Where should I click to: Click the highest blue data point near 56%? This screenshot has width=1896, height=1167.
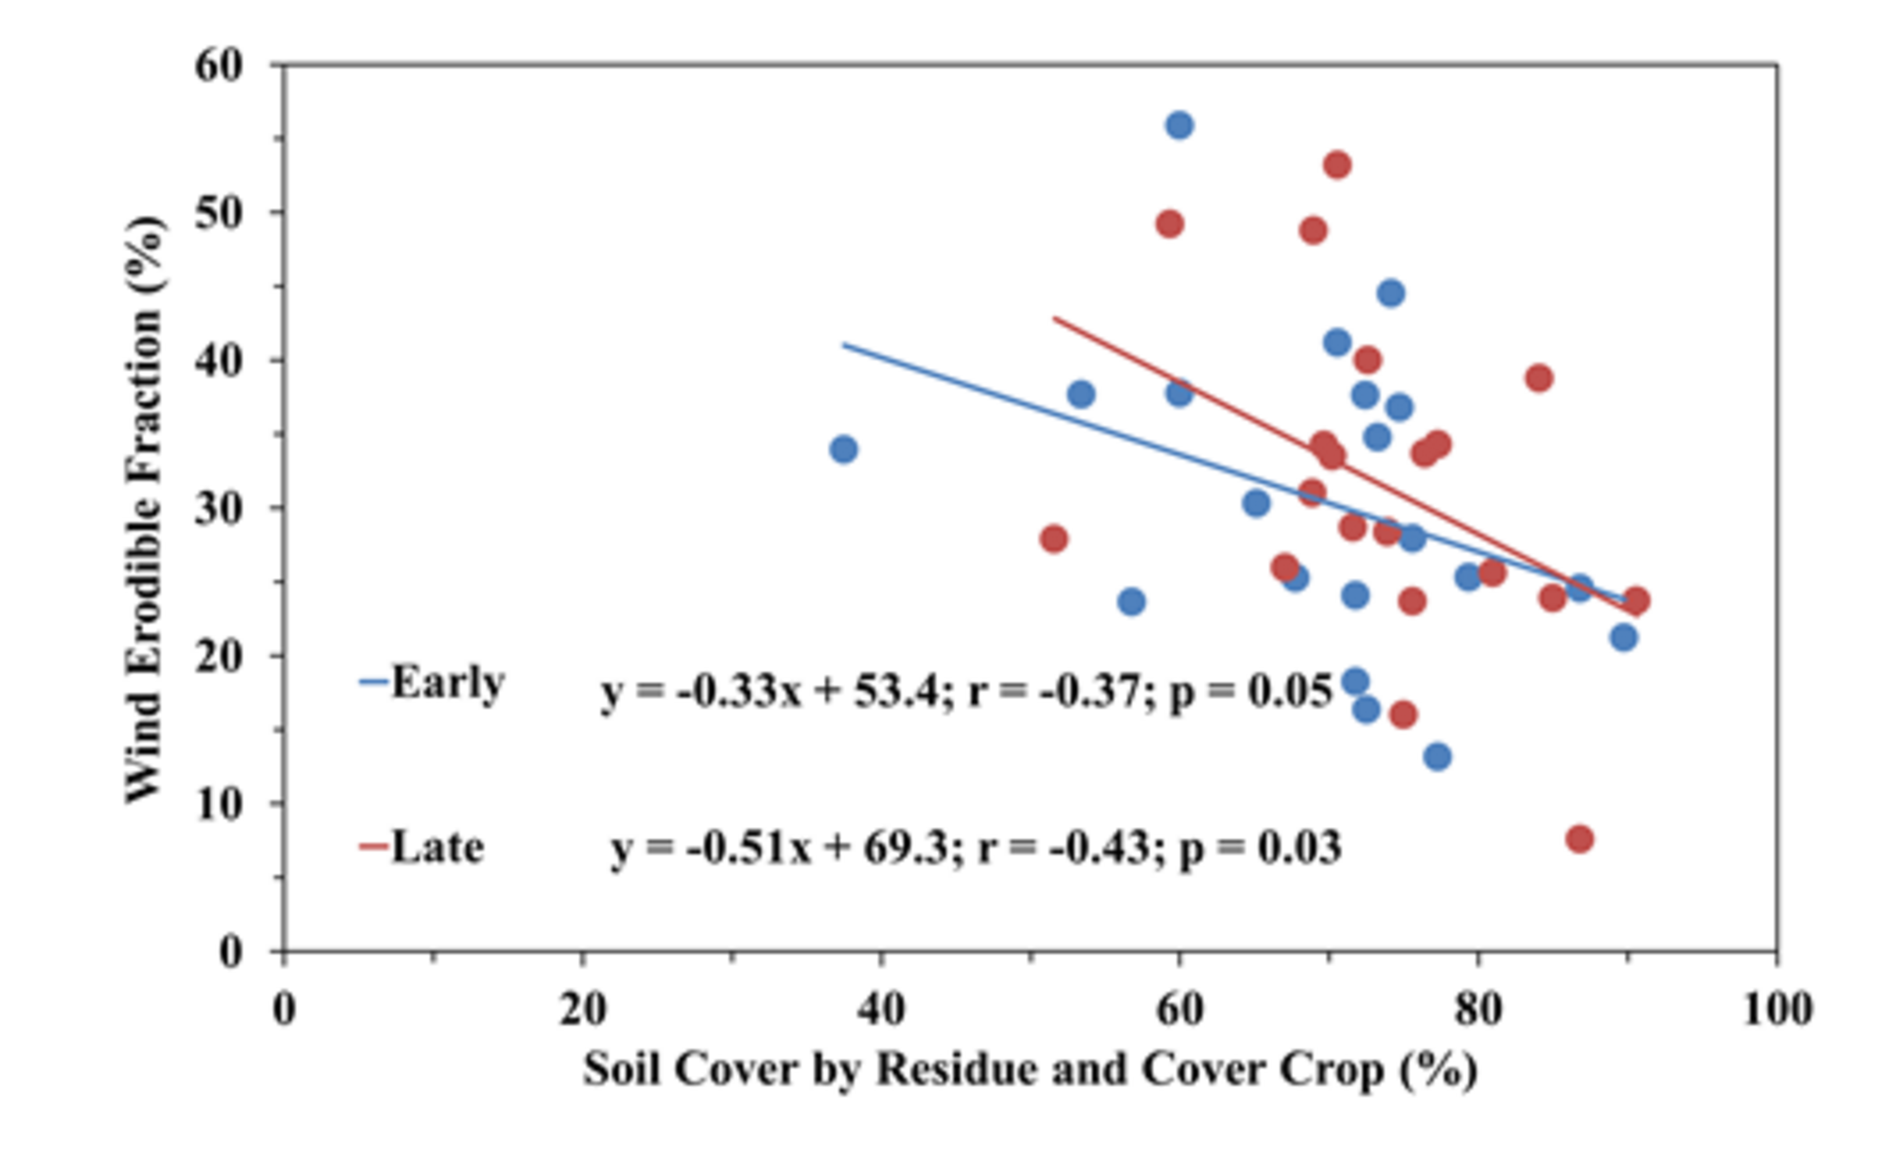pyautogui.click(x=1179, y=125)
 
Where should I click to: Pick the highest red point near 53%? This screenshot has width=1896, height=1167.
pyautogui.click(x=1337, y=165)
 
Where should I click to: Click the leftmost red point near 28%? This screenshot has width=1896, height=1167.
pyautogui.click(x=1053, y=539)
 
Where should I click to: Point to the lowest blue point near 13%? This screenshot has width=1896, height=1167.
pyautogui.click(x=1437, y=757)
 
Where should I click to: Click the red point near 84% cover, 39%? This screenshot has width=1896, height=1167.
pyautogui.click(x=1539, y=378)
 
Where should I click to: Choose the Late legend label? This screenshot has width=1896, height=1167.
pyautogui.click(x=437, y=847)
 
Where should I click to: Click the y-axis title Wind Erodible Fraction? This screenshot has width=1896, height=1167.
pyautogui.click(x=145, y=509)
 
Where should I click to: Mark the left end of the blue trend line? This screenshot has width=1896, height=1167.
pyautogui.click(x=844, y=344)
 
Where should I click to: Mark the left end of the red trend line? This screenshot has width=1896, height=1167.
pyautogui.click(x=1054, y=317)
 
